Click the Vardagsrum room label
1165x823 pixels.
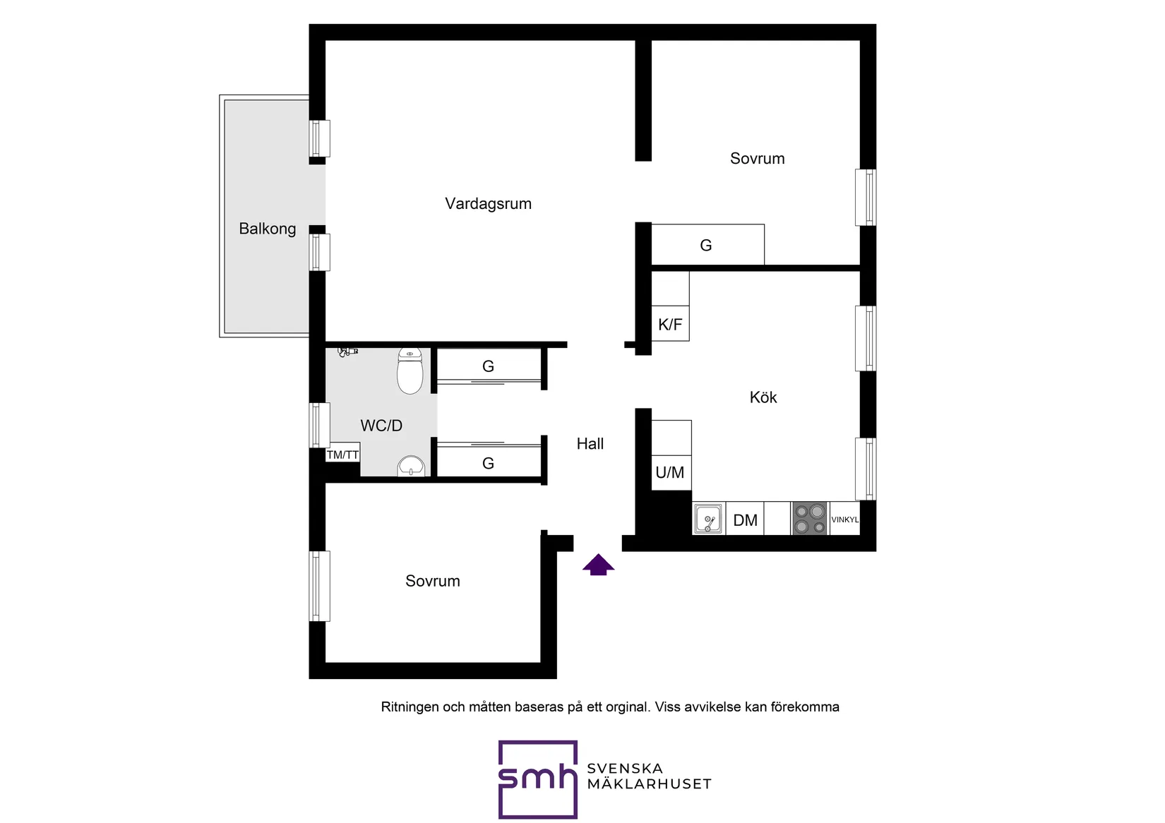click(488, 204)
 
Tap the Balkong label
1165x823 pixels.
click(267, 229)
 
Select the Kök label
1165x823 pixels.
click(763, 397)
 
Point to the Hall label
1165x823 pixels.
click(590, 444)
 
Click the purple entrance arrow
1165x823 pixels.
click(598, 565)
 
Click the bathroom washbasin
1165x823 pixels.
click(410, 466)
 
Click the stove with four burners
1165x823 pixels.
click(809, 519)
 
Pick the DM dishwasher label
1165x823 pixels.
click(745, 521)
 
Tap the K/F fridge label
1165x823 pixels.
click(670, 325)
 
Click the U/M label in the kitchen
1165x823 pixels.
click(669, 473)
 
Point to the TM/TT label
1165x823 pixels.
click(342, 455)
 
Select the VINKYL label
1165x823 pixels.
click(844, 519)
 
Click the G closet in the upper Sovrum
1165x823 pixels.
click(706, 246)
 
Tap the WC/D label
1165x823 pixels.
click(381, 426)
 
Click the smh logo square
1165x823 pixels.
click(537, 779)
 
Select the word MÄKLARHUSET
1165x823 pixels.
click(649, 784)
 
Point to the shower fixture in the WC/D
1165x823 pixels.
click(347, 351)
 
